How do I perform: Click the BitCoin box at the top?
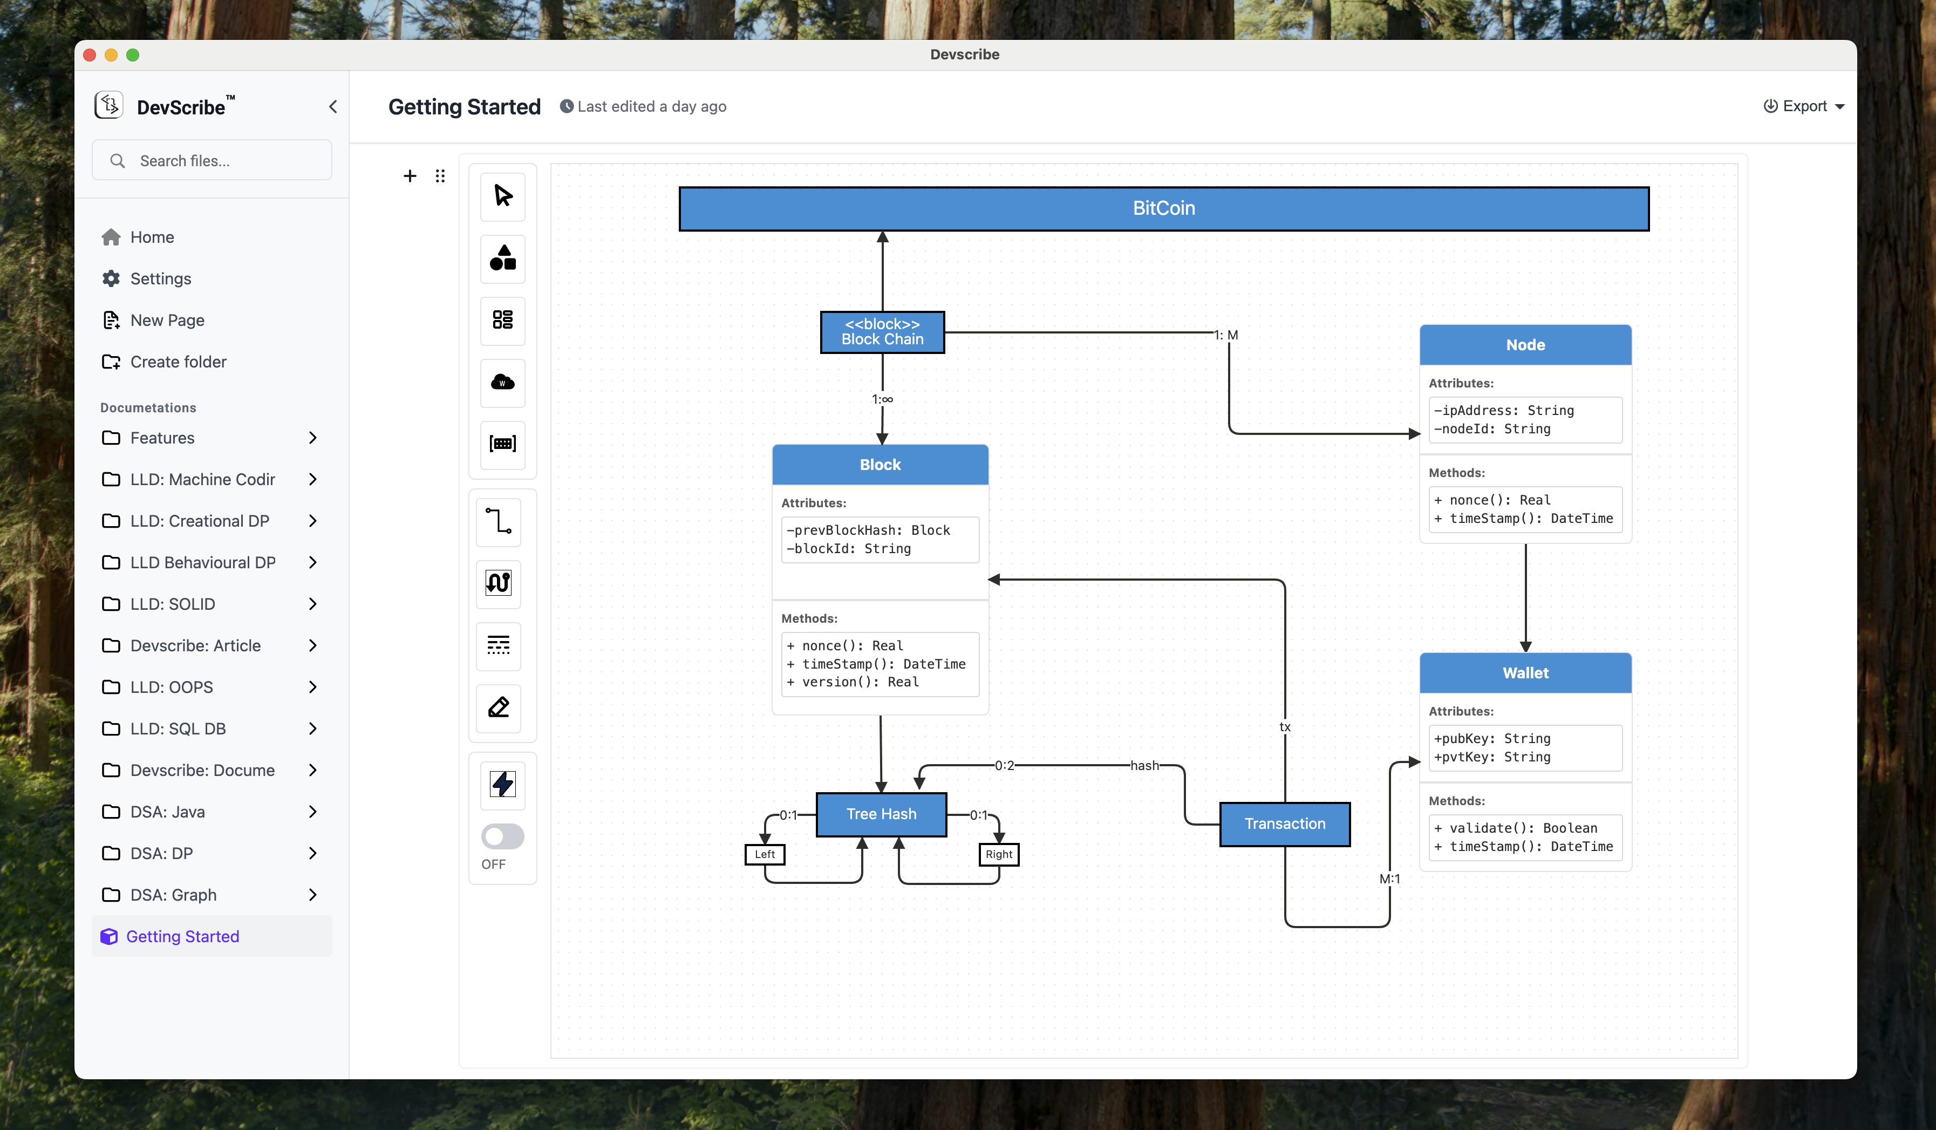[x=1163, y=208]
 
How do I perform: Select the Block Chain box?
[x=882, y=332]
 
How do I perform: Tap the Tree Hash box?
[x=881, y=814]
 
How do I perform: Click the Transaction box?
[x=1285, y=823]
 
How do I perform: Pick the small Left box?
[x=765, y=854]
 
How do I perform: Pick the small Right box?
[x=998, y=854]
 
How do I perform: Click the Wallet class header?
[x=1525, y=672]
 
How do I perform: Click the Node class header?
[x=1525, y=345]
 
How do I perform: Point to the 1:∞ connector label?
[x=882, y=399]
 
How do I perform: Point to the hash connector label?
[x=1144, y=765]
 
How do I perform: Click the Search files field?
[x=212, y=161]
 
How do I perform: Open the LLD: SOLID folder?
[x=172, y=604]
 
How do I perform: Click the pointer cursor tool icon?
[x=502, y=196]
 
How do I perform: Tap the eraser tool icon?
[x=499, y=707]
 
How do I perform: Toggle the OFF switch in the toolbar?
[x=502, y=836]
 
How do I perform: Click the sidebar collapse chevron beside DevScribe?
[x=333, y=107]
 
